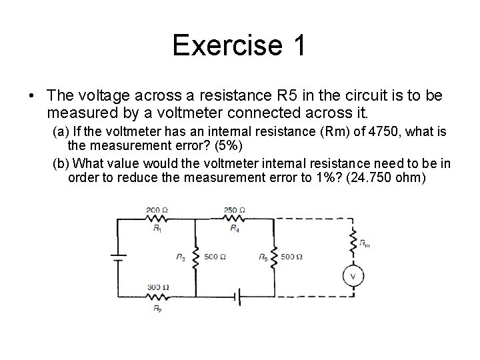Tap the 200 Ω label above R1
pyautogui.click(x=157, y=210)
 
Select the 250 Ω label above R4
pyautogui.click(x=235, y=210)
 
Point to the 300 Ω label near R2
pyautogui.click(x=157, y=287)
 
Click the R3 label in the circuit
pyautogui.click(x=181, y=257)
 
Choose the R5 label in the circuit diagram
pyautogui.click(x=263, y=257)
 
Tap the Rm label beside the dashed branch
pyautogui.click(x=365, y=244)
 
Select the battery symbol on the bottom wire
pyautogui.click(x=235, y=295)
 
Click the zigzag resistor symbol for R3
pyautogui.click(x=195, y=257)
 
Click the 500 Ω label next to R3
pyautogui.click(x=215, y=257)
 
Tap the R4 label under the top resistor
pyautogui.click(x=235, y=229)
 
